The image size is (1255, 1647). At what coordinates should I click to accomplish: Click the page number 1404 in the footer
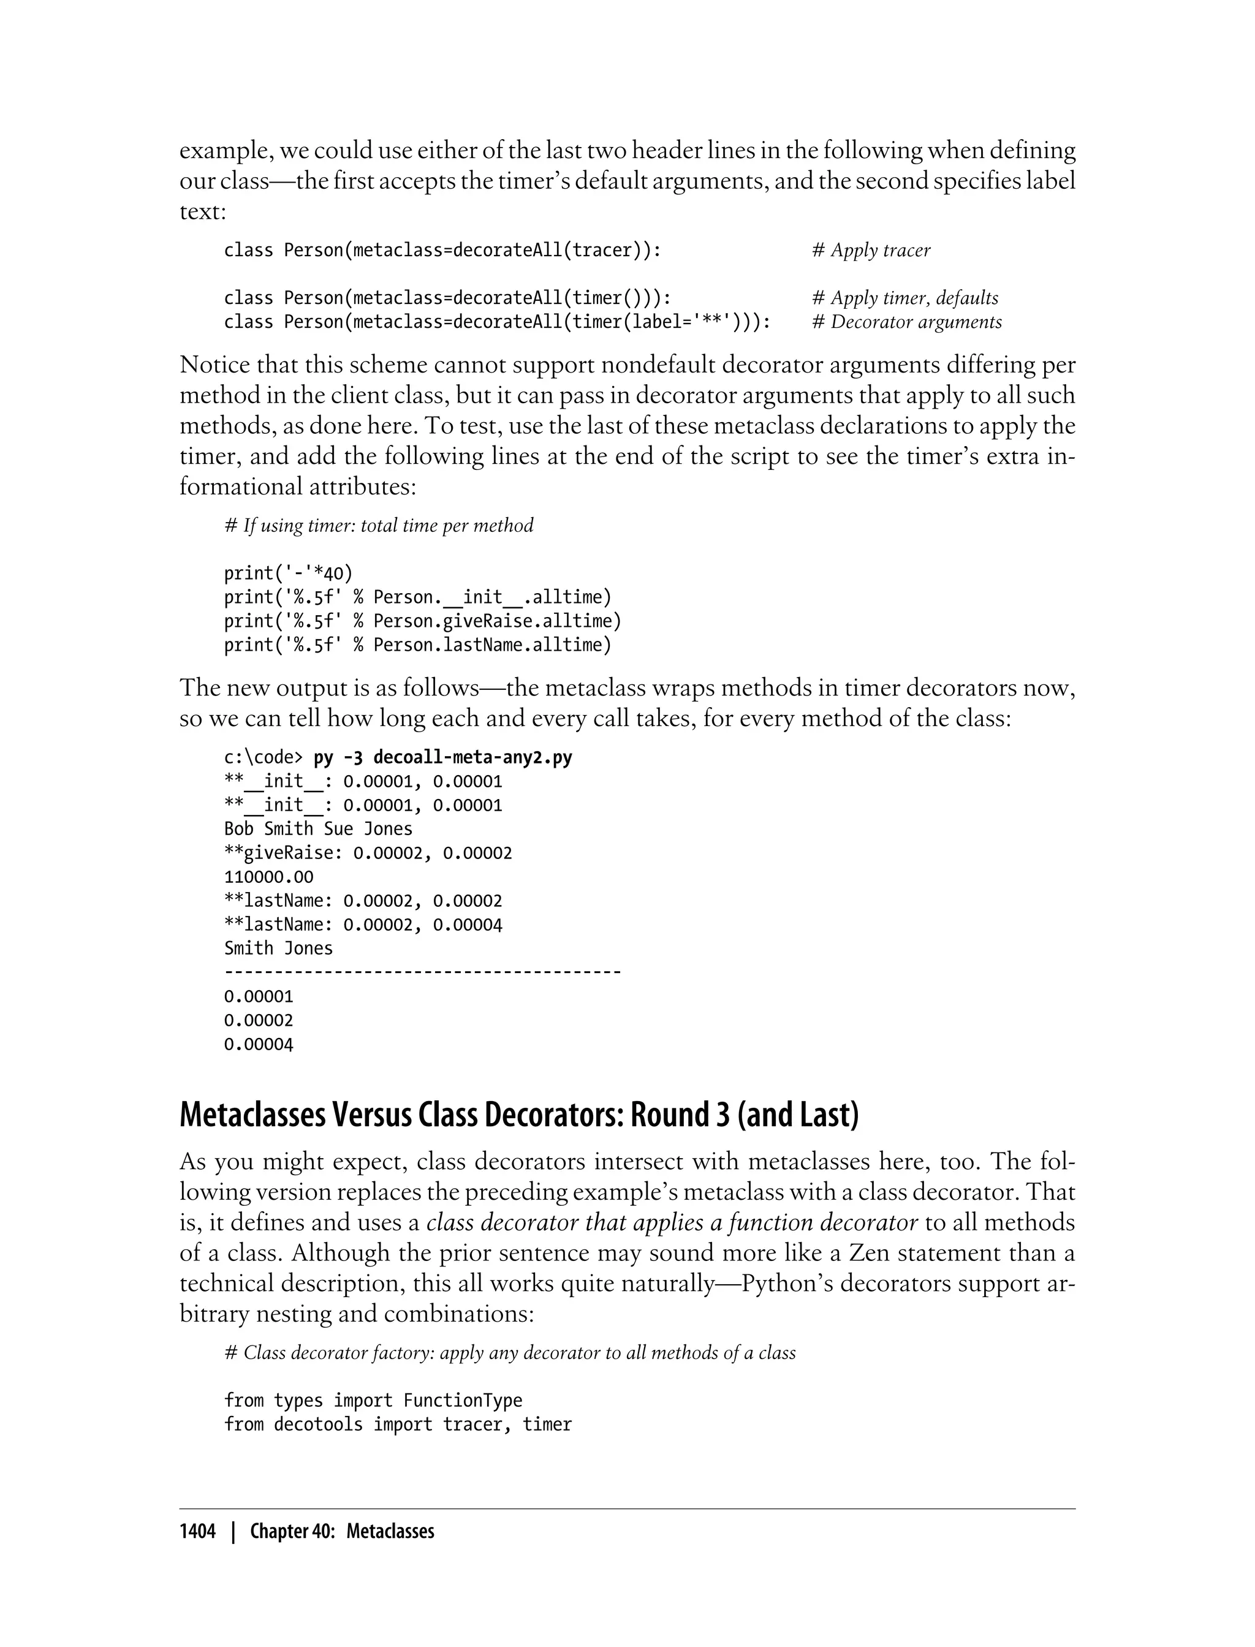click(x=197, y=1531)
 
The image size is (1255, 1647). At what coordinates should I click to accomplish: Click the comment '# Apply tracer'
click(x=871, y=250)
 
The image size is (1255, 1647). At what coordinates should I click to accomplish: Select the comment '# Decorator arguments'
click(x=907, y=322)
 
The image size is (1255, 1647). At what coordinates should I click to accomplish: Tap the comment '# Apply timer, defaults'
click(x=904, y=298)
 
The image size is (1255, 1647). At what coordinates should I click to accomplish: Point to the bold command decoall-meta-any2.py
click(x=472, y=757)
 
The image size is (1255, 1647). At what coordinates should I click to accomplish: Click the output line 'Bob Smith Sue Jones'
click(x=318, y=829)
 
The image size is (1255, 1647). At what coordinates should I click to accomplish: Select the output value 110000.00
click(x=269, y=877)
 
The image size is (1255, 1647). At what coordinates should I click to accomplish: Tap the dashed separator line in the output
click(x=422, y=972)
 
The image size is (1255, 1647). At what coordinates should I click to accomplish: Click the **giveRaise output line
click(x=368, y=853)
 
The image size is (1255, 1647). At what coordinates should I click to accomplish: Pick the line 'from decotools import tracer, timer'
click(x=398, y=1425)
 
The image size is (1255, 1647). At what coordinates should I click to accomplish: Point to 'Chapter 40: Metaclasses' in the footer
click(x=342, y=1531)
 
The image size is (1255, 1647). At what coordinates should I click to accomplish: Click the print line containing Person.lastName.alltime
click(x=417, y=645)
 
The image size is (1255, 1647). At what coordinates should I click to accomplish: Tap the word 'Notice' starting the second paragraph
click(x=214, y=365)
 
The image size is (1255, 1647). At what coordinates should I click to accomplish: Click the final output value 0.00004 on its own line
click(x=259, y=1044)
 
